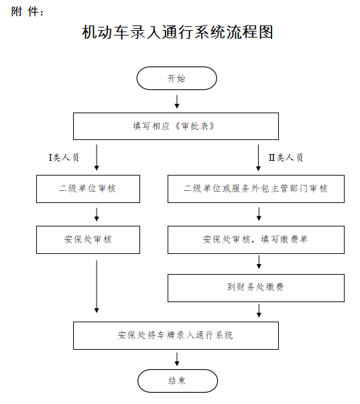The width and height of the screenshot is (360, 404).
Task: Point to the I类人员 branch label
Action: tap(64, 157)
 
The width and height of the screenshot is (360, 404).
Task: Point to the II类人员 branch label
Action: tap(286, 157)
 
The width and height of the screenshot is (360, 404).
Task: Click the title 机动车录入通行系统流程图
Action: tap(178, 32)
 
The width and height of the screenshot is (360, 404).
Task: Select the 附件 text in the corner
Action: tap(27, 11)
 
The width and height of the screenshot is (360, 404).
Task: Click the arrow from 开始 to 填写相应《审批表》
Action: tap(177, 102)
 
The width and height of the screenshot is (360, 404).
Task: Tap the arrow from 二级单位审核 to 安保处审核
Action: tap(97, 214)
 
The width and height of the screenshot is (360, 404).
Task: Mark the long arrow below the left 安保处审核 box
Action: tap(97, 287)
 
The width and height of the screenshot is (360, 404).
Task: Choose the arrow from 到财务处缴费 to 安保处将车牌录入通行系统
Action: tap(259, 310)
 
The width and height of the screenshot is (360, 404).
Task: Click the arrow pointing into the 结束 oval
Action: tap(177, 359)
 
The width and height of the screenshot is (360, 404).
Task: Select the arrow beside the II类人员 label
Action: tap(258, 157)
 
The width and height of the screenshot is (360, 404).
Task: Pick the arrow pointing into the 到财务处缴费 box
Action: tap(259, 262)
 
